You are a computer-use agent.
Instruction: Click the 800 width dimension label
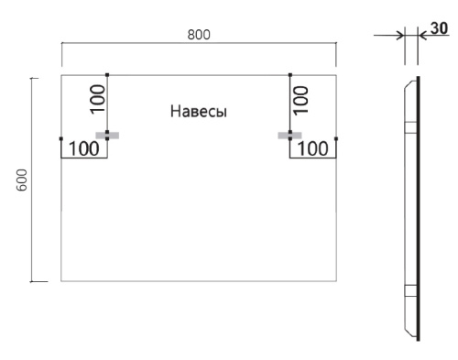[199, 35]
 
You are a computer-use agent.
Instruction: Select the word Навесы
[198, 112]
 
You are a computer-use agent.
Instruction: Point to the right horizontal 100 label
[313, 147]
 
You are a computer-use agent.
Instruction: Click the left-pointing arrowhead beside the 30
[422, 36]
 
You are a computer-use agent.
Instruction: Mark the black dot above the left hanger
[107, 74]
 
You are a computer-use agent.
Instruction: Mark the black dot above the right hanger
[289, 74]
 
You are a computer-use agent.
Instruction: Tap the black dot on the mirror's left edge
[61, 138]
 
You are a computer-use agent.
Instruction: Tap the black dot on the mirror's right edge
[337, 138]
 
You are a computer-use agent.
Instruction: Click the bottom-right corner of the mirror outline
[337, 280]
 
